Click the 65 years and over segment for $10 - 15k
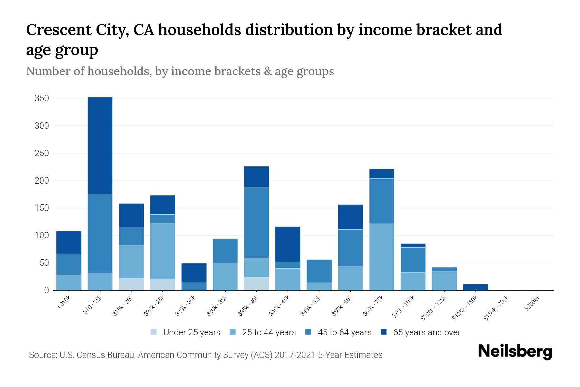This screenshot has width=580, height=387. click(100, 145)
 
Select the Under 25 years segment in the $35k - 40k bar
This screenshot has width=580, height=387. click(256, 283)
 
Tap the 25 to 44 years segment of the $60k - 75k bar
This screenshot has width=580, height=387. click(382, 257)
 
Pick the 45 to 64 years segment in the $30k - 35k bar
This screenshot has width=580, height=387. click(225, 251)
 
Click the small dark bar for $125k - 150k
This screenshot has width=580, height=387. click(476, 287)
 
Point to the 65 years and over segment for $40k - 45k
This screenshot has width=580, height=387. click(288, 244)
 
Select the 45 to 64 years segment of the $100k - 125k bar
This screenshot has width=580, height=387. click(444, 269)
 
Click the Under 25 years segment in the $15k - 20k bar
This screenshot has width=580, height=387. click(131, 284)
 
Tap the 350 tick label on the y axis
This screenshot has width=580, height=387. click(42, 98)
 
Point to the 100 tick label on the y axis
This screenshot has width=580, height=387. click(42, 235)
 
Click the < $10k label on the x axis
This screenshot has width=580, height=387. click(64, 303)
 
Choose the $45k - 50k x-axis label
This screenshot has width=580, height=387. click(311, 306)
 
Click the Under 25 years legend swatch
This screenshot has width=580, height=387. click(154, 332)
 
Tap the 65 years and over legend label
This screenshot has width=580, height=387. click(427, 332)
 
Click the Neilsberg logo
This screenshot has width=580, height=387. click(515, 352)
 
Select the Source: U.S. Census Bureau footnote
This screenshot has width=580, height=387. click(205, 355)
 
